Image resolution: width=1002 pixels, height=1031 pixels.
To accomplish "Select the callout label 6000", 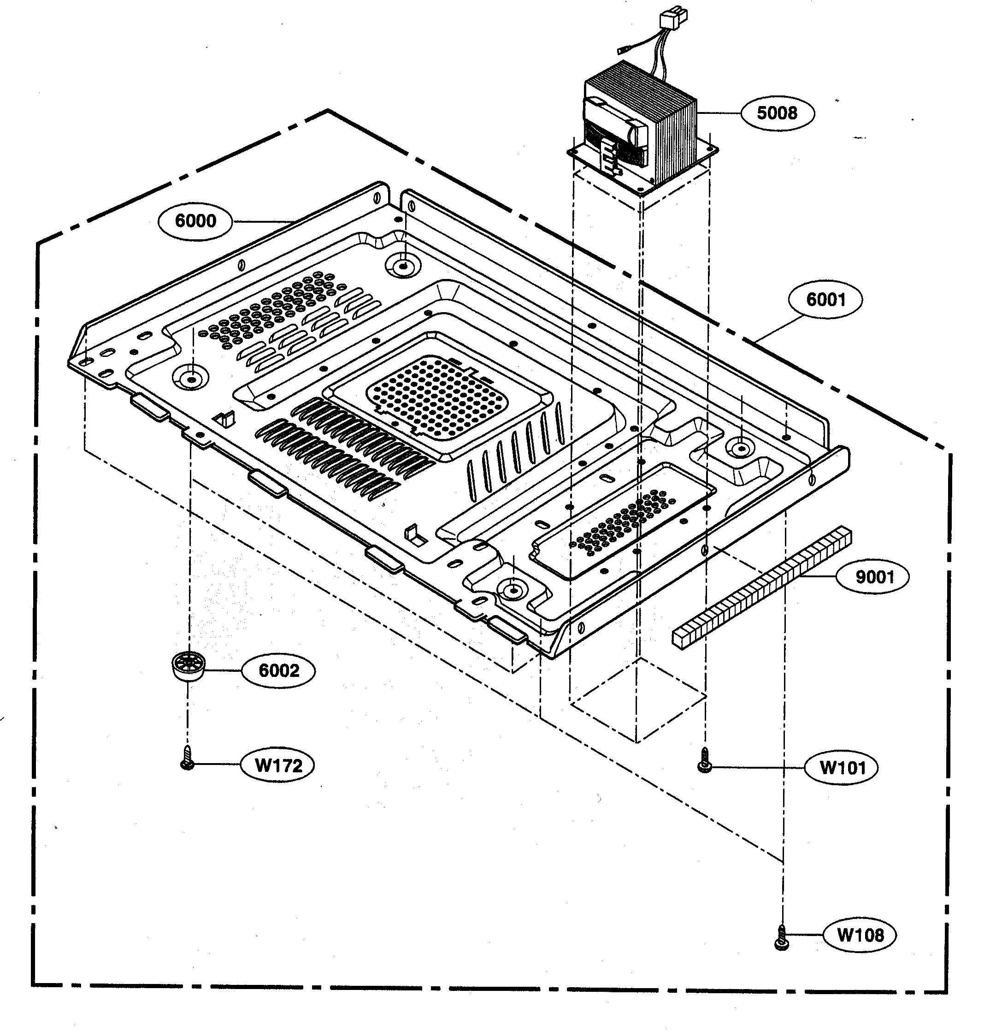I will coord(195,221).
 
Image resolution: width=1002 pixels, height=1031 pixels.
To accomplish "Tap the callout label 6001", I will coord(825,300).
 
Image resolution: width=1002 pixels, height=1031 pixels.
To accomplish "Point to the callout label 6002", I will coord(278,671).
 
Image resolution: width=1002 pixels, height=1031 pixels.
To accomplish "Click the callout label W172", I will coord(277,765).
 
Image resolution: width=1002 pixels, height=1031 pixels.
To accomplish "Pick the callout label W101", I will coord(842,768).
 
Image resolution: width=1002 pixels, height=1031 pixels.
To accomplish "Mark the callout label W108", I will coord(860,936).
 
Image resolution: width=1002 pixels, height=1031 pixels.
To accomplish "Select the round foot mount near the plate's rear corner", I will coord(402,266).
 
